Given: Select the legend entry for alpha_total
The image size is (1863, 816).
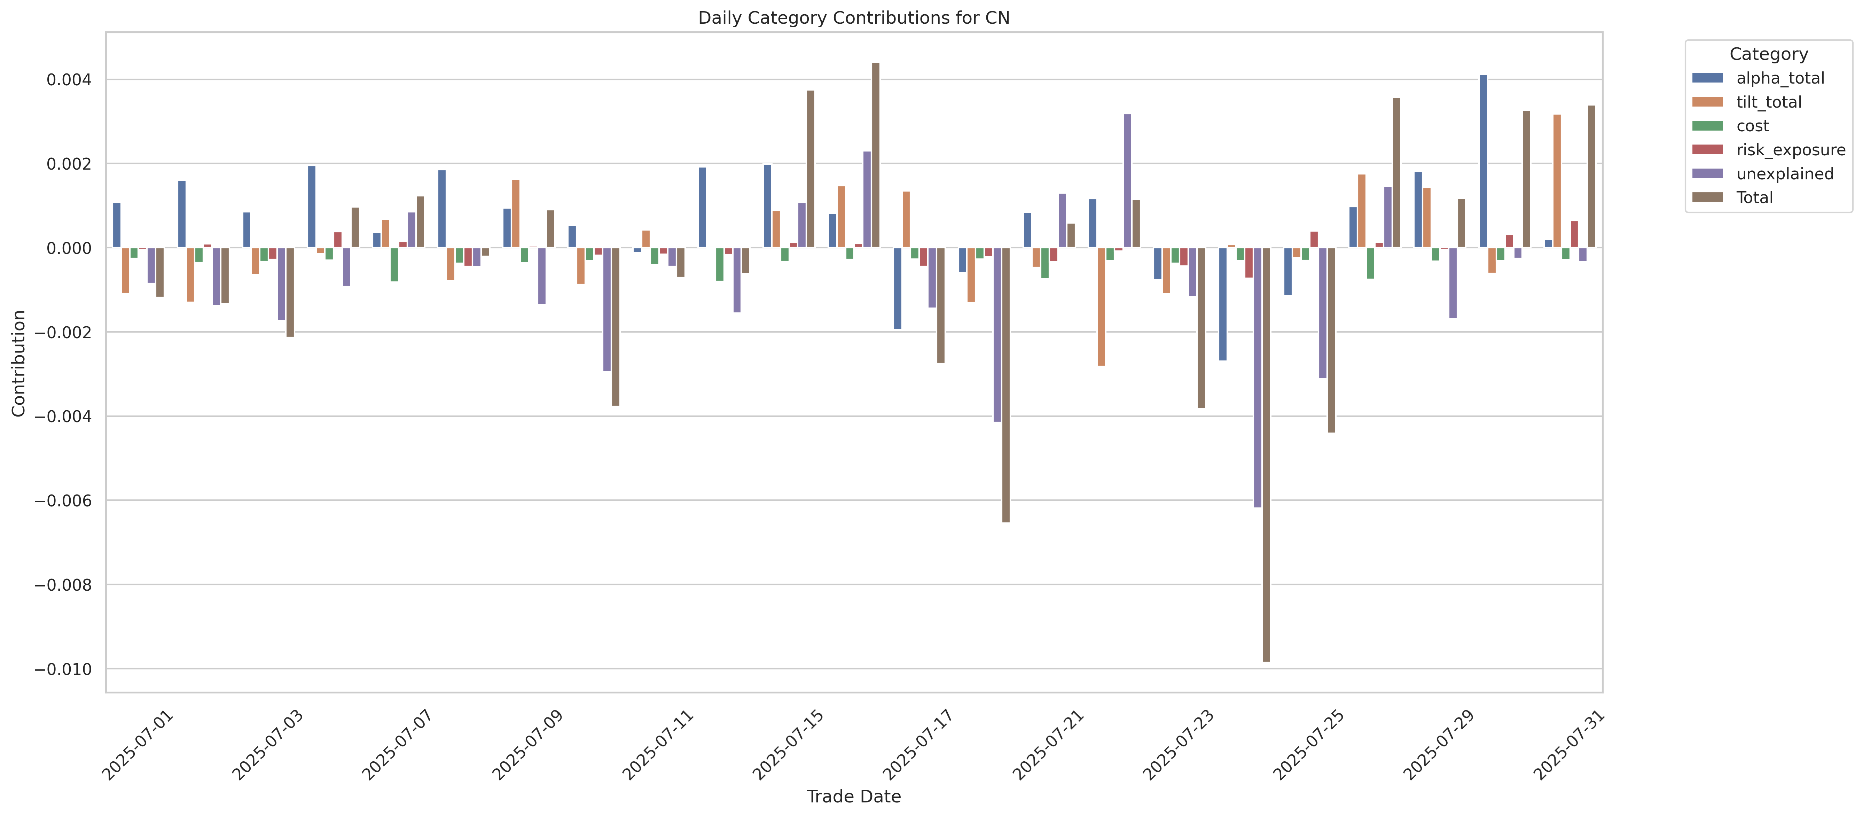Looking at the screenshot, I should (1780, 78).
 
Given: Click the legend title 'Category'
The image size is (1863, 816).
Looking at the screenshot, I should (1768, 54).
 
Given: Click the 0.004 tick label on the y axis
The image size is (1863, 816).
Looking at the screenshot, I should (69, 79).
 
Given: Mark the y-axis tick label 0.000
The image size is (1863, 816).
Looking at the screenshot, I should (69, 248).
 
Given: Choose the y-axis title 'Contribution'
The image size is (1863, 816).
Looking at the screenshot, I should (19, 363).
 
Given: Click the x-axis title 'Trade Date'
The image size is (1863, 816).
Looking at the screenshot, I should (853, 796).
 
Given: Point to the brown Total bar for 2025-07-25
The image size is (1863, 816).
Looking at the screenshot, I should (1331, 340).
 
